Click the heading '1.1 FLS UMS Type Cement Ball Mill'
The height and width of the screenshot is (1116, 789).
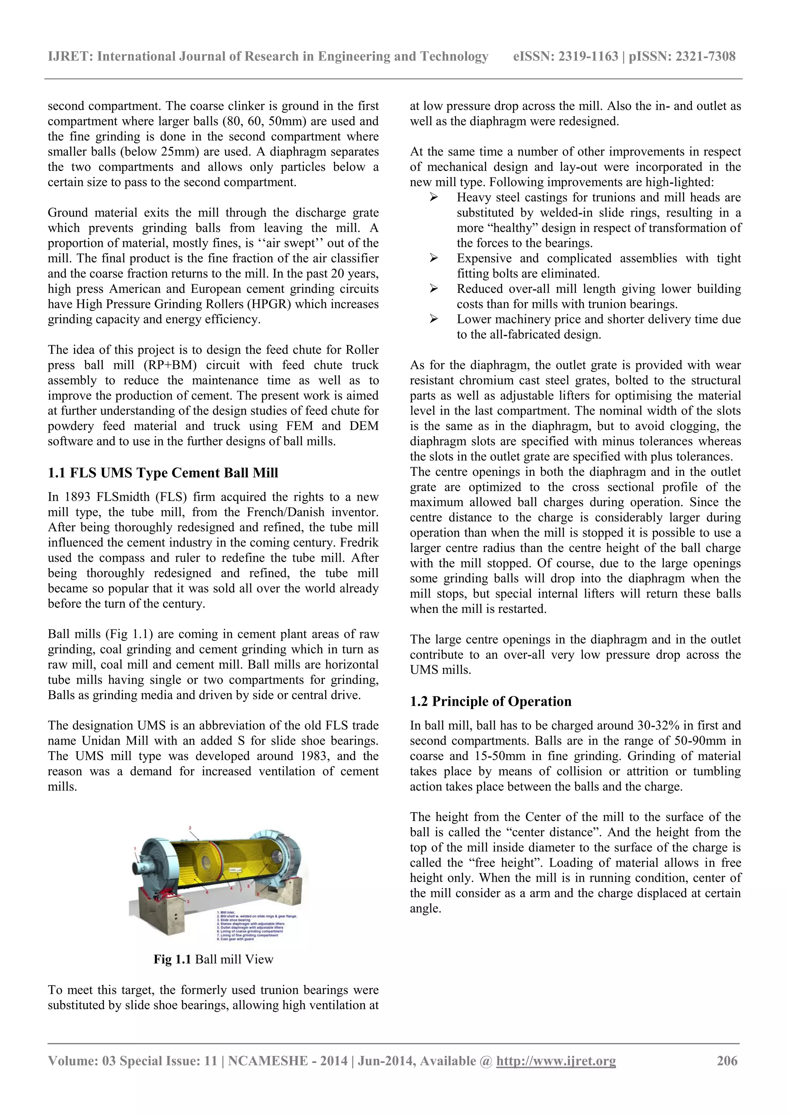pyautogui.click(x=163, y=473)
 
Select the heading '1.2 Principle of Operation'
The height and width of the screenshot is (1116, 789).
pyautogui.click(x=490, y=701)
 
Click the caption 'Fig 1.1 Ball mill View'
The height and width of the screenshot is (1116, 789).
pyautogui.click(x=213, y=959)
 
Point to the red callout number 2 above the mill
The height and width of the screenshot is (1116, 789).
pyautogui.click(x=190, y=828)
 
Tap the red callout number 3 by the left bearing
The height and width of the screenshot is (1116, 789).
pyautogui.click(x=188, y=902)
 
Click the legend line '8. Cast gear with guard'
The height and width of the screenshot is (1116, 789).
pyautogui.click(x=235, y=939)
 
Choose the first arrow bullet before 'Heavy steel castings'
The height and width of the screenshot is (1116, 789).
pyautogui.click(x=434, y=197)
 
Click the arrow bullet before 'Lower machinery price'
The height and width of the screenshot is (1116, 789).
pyautogui.click(x=434, y=319)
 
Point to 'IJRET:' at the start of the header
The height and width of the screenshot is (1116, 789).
pyautogui.click(x=70, y=56)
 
